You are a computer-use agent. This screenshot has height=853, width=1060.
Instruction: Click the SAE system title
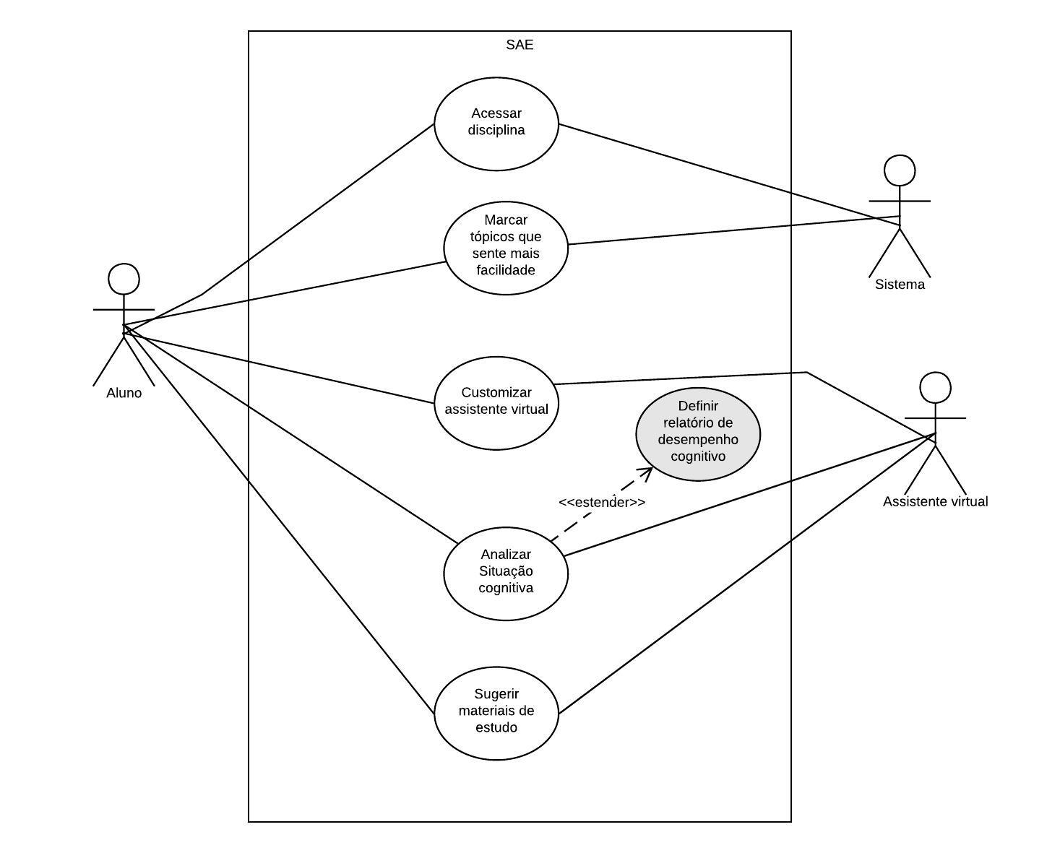[x=520, y=45]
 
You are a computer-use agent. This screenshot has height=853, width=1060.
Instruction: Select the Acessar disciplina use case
[x=496, y=124]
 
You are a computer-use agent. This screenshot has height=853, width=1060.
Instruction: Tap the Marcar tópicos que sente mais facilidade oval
[x=506, y=247]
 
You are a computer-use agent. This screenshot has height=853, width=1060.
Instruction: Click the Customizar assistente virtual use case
[x=496, y=401]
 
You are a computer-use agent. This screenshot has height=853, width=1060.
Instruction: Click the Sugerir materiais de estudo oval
[x=496, y=711]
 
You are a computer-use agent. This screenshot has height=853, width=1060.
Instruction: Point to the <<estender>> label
[x=602, y=502]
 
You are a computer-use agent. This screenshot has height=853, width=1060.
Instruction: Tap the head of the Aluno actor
[x=124, y=279]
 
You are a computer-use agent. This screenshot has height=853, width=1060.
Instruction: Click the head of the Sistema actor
[x=900, y=170]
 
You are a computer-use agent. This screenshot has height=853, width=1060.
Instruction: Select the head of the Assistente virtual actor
[x=935, y=388]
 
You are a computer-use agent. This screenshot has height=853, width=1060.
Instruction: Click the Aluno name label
[x=124, y=393]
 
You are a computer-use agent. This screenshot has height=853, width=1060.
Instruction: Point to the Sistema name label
[x=900, y=285]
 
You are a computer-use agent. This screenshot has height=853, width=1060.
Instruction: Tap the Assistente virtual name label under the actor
[x=935, y=501]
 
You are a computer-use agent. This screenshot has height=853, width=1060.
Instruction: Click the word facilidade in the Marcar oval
[x=506, y=270]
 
